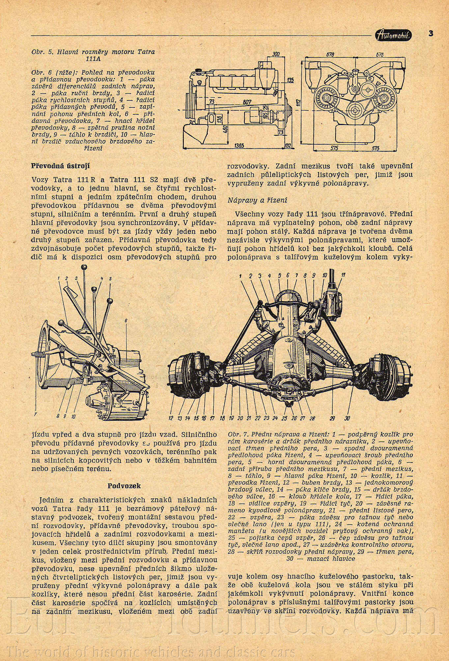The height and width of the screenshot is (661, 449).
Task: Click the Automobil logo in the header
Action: click(x=393, y=35)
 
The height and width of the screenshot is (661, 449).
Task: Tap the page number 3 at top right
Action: click(x=431, y=33)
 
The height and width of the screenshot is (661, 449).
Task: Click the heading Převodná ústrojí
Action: click(x=60, y=166)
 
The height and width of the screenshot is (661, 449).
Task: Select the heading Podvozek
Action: click(x=124, y=486)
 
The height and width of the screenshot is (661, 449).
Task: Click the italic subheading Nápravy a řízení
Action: click(x=257, y=200)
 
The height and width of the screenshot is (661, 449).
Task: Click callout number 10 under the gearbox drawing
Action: click(x=73, y=416)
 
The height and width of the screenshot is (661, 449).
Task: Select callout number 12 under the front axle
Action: click(x=171, y=418)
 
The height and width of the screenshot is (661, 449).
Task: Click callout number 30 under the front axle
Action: click(x=347, y=418)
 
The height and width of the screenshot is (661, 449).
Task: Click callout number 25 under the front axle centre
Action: click(x=285, y=418)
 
